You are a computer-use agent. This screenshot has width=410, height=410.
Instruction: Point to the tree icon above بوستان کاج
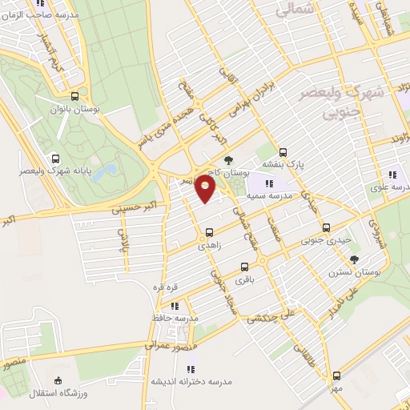pyautogui.click(x=229, y=160)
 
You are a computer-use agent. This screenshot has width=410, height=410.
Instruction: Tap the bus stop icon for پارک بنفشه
pyautogui.click(x=283, y=152)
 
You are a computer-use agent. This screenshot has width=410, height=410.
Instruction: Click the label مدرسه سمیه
pyautogui.click(x=267, y=195)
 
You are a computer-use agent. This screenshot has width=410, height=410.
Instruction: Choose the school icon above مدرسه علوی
pyautogui.click(x=392, y=174)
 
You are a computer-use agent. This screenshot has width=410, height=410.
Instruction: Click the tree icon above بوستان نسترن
pyautogui.click(x=354, y=259)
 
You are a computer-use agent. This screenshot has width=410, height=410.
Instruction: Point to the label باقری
pyautogui.click(x=245, y=281)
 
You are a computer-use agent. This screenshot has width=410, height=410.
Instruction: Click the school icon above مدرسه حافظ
pyautogui.click(x=175, y=306)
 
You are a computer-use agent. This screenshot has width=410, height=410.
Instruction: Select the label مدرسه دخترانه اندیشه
pyautogui.click(x=190, y=381)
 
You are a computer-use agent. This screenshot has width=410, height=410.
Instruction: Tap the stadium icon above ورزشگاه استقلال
pyautogui.click(x=58, y=380)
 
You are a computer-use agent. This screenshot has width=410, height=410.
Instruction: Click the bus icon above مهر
pyautogui.click(x=336, y=375)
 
